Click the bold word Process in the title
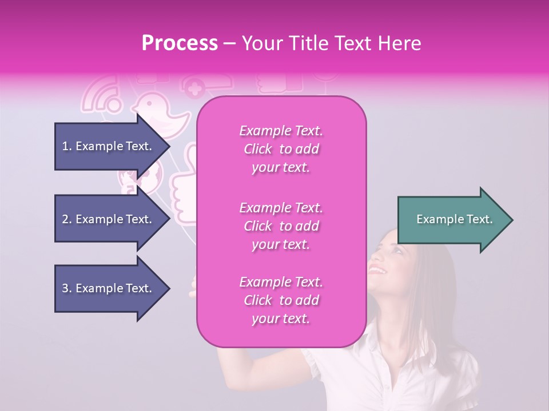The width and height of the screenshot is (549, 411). (180, 43)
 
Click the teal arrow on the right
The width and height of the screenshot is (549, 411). (454, 220)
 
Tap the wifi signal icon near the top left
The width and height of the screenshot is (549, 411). (102, 96)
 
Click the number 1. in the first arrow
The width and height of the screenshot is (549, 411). (67, 146)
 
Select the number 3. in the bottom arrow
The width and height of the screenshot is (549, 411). (67, 288)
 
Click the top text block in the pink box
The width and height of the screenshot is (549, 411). (281, 149)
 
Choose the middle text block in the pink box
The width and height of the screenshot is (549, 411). (281, 226)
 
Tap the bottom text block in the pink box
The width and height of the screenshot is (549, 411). (281, 300)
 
